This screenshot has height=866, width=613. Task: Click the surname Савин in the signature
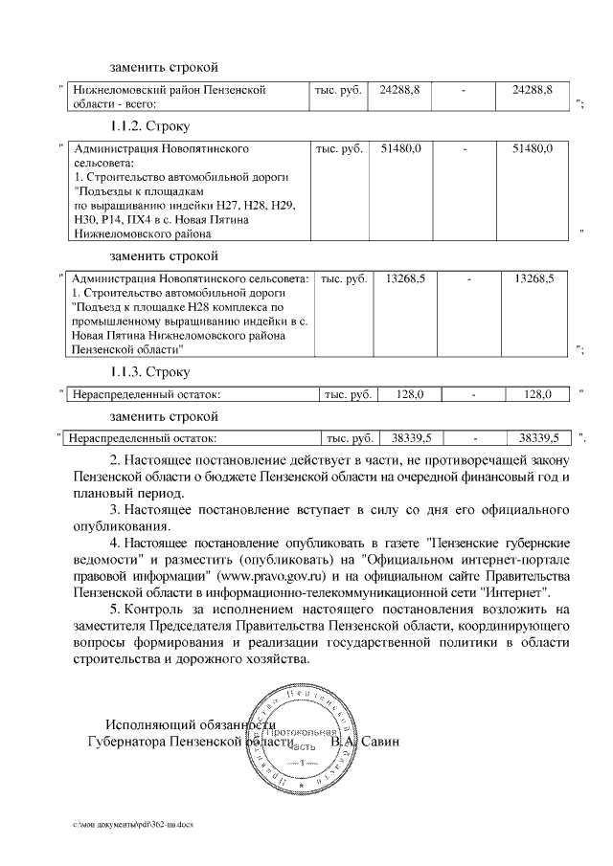point(380,741)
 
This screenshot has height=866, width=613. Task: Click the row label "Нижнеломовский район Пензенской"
point(162,90)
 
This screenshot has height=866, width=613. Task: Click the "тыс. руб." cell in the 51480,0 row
point(339,150)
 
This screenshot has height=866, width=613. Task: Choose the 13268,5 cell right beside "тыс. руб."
point(405,278)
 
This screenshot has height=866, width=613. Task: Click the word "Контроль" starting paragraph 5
point(152,610)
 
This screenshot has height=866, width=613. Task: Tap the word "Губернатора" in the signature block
point(125,741)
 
